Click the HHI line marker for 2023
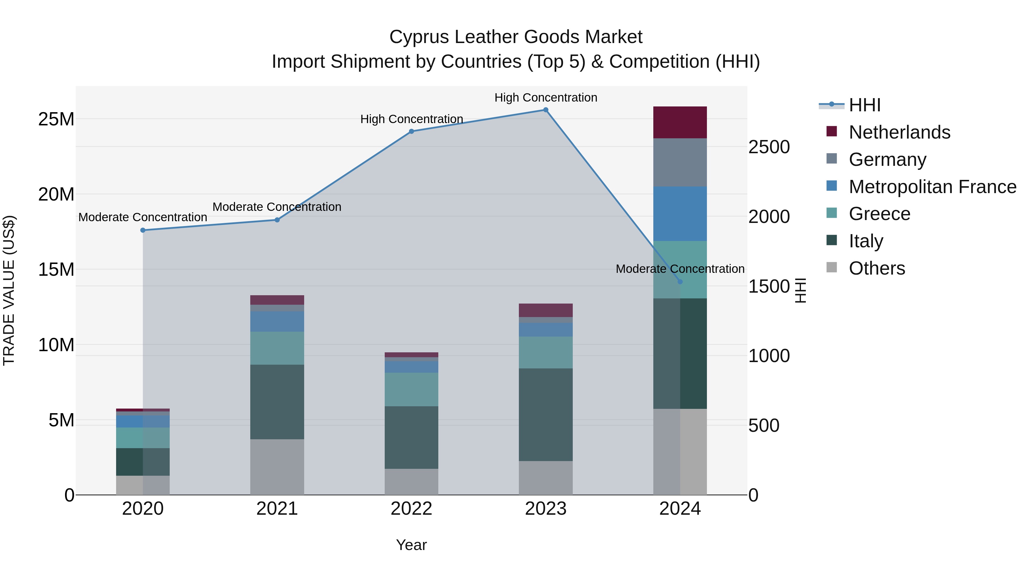tap(546, 110)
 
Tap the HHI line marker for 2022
tap(411, 131)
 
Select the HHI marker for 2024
tap(680, 282)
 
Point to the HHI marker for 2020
tap(143, 230)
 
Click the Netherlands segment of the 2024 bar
tap(680, 122)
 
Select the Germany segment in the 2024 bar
tap(680, 162)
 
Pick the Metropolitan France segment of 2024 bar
tap(680, 214)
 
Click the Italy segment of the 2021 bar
tap(277, 402)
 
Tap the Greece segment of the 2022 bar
tap(411, 389)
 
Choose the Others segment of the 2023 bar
tap(546, 478)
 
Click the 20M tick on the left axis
tap(56, 195)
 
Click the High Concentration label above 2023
tap(546, 98)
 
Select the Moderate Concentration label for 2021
tap(277, 207)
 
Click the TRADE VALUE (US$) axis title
tap(9, 290)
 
